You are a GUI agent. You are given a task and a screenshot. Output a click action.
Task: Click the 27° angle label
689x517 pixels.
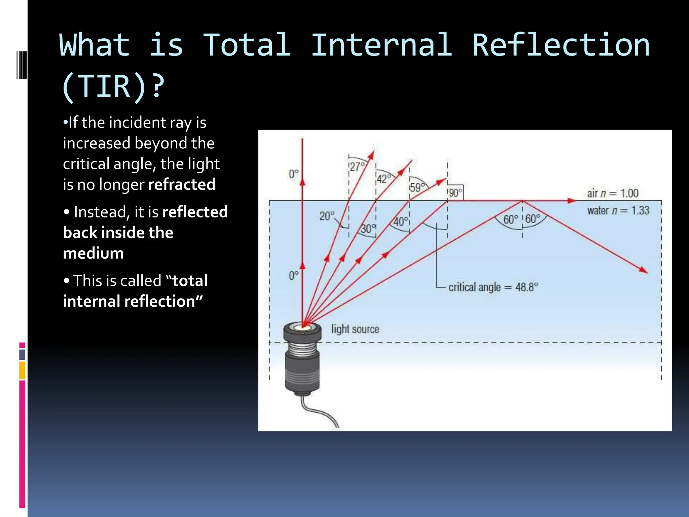357,167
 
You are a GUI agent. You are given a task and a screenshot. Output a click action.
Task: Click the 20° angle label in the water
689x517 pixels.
327,216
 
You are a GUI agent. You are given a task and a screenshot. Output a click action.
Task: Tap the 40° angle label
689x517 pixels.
401,222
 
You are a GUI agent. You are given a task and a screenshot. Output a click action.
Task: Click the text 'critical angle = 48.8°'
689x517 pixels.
493,287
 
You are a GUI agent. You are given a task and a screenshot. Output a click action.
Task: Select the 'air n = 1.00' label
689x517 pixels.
612,193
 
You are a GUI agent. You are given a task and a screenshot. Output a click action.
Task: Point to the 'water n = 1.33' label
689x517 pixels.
618,211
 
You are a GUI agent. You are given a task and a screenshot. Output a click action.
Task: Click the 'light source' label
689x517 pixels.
355,329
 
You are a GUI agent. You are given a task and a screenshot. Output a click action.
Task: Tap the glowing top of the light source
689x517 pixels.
302,326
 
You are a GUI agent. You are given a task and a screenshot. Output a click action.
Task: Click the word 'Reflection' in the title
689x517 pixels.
560,45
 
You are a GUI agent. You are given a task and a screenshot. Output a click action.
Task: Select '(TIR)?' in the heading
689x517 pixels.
113,87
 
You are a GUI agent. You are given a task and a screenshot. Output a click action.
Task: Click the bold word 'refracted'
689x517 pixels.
182,184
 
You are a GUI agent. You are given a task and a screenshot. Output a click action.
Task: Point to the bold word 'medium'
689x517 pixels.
94,253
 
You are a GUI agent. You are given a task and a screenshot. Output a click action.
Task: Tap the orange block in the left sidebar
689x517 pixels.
22,370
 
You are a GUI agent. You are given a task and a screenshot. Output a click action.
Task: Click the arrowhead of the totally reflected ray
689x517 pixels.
644,270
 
